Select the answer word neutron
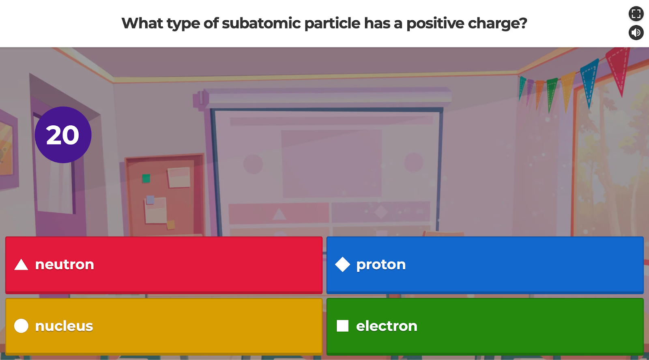(x=64, y=265)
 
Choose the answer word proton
(x=380, y=265)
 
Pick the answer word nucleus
(x=64, y=326)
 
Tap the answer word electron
(x=386, y=326)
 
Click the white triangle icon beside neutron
(x=21, y=265)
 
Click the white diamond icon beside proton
(x=342, y=265)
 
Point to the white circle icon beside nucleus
(x=21, y=326)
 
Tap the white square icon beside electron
(x=342, y=326)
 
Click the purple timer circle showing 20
(x=63, y=135)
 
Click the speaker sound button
(x=636, y=32)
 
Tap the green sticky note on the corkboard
(x=146, y=178)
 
